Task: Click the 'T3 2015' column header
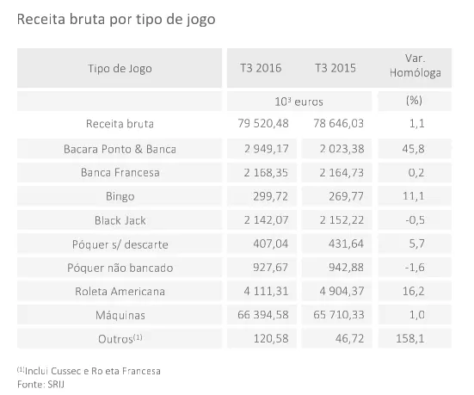335,67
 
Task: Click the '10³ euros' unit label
298,101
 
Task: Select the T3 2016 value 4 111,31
263,292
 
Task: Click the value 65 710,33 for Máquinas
335,316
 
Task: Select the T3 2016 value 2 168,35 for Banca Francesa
263,173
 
